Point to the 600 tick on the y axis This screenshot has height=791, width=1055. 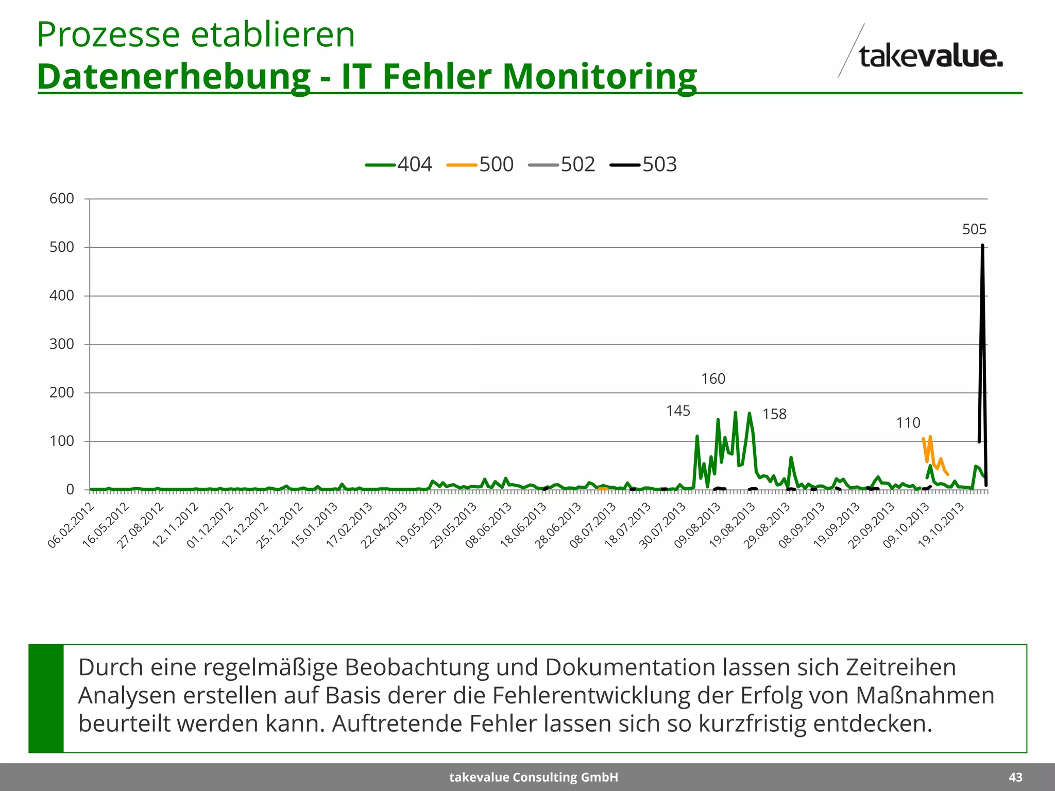point(62,199)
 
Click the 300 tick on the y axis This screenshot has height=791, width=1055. point(62,345)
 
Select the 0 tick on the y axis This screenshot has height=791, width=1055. point(70,490)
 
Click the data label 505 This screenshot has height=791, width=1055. point(974,230)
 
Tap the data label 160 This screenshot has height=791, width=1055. point(713,379)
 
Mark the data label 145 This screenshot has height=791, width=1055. point(678,411)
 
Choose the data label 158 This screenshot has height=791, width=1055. point(774,415)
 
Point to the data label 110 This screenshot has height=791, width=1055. point(908,423)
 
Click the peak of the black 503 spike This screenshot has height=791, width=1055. point(982,246)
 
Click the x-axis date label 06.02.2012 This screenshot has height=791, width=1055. point(71,525)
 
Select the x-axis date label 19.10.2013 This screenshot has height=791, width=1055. point(941,525)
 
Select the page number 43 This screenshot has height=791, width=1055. point(1015,777)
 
